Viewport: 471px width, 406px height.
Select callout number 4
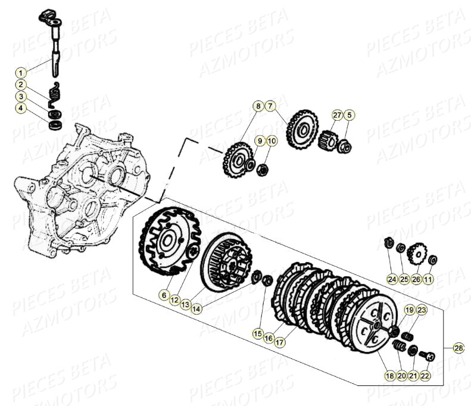tap(21, 108)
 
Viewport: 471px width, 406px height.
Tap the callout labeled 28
tap(457, 348)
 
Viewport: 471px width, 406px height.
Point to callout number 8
tap(258, 107)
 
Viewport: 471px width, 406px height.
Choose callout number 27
tap(337, 115)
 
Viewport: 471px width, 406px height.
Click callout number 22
tap(424, 376)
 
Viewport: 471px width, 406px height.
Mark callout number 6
tap(163, 294)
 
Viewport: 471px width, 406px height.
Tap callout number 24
tap(391, 278)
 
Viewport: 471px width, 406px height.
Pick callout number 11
tap(429, 278)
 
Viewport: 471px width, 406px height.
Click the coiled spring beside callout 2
tap(56, 92)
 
